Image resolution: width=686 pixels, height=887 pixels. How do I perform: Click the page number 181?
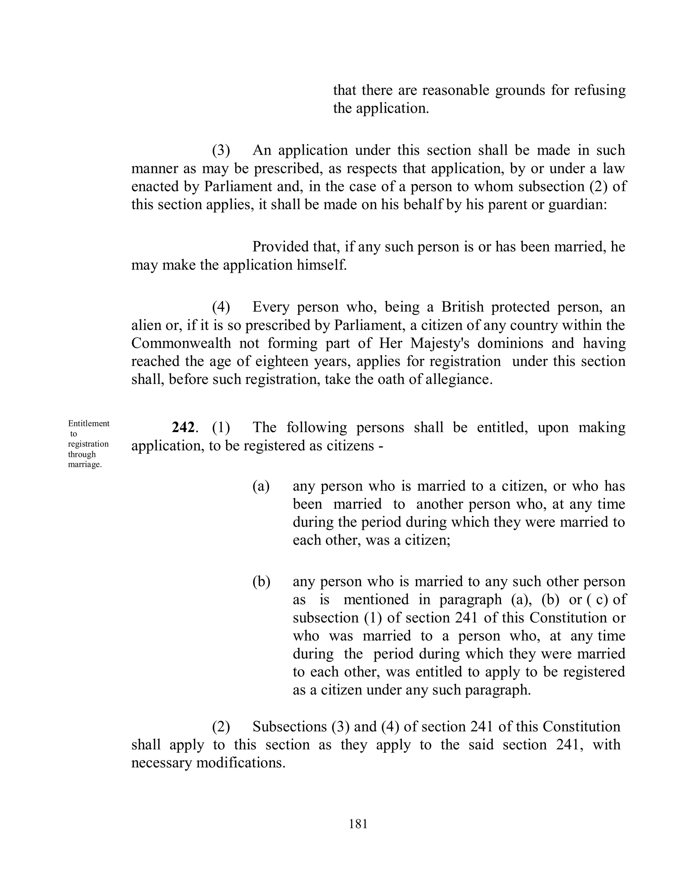[358, 824]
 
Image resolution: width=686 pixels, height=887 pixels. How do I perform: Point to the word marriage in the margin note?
[84, 465]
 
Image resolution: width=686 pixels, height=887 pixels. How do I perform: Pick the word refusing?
[600, 90]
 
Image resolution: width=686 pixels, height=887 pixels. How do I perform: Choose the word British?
[463, 307]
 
